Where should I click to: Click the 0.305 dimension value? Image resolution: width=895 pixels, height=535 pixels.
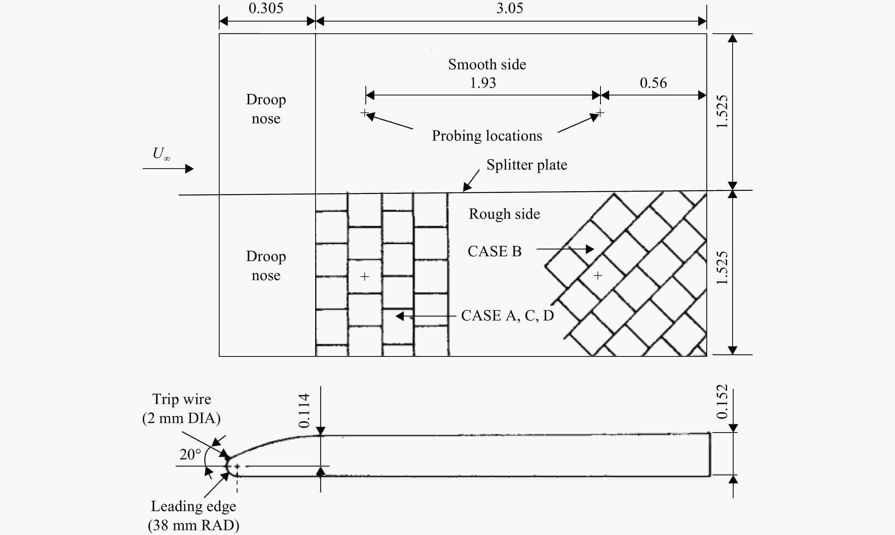point(266,8)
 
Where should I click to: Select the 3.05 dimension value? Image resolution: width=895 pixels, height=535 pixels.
point(510,8)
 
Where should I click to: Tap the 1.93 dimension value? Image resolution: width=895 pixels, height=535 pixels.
point(483,83)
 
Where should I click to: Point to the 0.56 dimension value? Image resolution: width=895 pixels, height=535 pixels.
point(653,83)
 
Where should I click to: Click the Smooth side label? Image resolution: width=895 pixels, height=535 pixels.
point(487,64)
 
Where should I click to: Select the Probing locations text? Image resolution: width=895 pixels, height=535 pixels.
point(487,136)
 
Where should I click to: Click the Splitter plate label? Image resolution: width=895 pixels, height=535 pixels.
point(526,165)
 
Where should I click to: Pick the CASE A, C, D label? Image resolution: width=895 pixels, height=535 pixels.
point(507,315)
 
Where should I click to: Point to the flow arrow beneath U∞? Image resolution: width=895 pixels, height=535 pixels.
point(168,168)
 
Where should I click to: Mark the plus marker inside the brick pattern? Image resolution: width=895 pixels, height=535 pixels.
point(365,276)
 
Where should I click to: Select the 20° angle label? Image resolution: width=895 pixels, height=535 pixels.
point(190,455)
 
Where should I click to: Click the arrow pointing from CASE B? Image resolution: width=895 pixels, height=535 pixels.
point(565,249)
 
